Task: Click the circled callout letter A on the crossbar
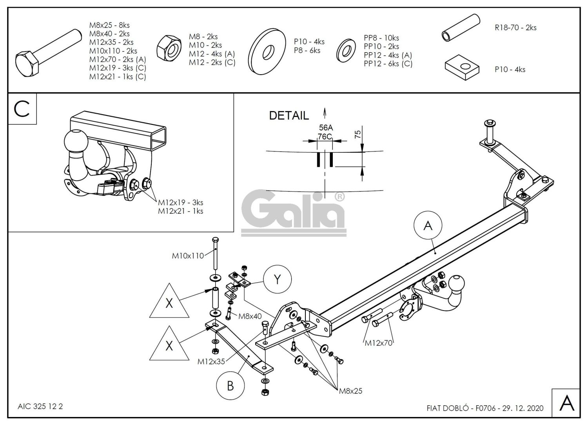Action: click(x=428, y=226)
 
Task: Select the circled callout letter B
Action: click(x=230, y=386)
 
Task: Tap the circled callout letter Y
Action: click(x=278, y=279)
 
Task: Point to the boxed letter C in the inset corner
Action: click(x=22, y=109)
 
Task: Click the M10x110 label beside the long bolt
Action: click(x=188, y=256)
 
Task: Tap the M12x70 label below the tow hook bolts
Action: click(x=378, y=343)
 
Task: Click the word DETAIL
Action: click(x=289, y=115)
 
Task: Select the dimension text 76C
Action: click(x=325, y=136)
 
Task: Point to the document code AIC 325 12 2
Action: click(x=40, y=406)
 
